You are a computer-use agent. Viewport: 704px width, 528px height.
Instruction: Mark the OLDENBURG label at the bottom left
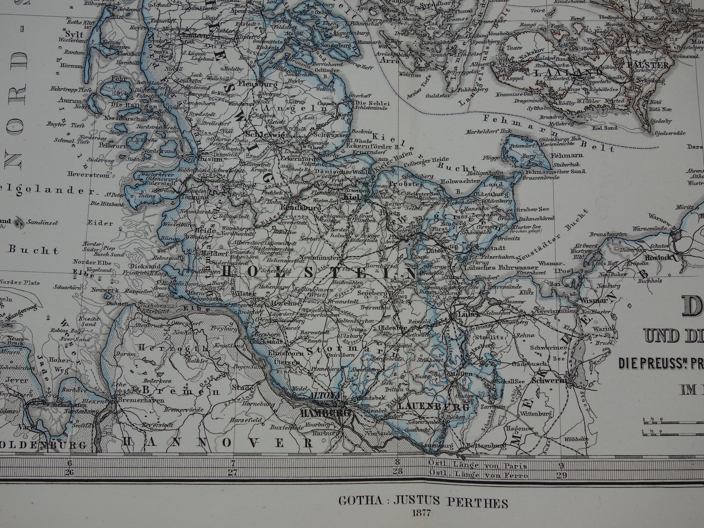[43, 444]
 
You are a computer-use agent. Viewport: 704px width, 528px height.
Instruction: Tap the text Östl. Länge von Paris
[477, 465]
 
